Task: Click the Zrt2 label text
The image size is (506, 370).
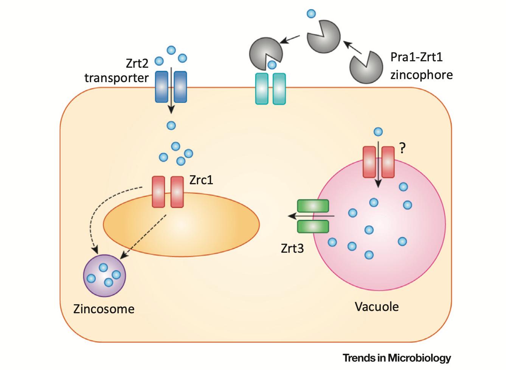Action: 137,63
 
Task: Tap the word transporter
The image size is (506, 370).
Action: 116,78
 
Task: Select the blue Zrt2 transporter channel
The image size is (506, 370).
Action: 171,87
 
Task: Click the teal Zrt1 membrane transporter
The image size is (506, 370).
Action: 270,89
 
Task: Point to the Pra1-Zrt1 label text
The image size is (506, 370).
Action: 416,57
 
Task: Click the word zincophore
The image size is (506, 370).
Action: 421,75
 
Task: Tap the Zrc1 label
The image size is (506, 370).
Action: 201,180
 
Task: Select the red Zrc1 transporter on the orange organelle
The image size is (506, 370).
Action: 168,192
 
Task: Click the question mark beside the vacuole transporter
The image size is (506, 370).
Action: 402,148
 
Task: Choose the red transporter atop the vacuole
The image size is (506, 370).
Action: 378,162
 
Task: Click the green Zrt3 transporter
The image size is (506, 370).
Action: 313,216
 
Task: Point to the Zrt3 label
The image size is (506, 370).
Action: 292,249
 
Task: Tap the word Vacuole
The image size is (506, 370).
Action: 377,306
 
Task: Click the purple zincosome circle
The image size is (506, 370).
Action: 104,275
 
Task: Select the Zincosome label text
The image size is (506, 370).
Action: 104,309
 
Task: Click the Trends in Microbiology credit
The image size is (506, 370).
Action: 397,358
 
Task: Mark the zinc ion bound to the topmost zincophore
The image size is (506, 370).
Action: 311,14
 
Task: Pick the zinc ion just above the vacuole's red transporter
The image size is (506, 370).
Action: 378,132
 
